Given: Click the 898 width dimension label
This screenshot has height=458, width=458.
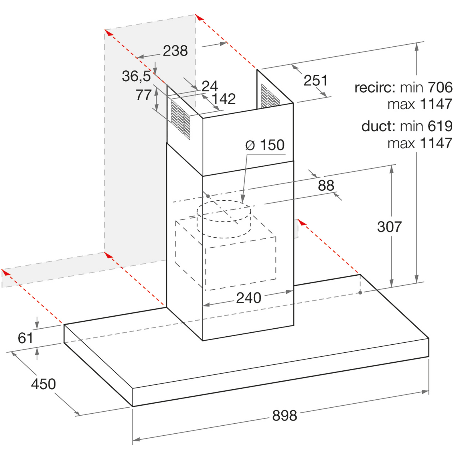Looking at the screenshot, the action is pos(285,415).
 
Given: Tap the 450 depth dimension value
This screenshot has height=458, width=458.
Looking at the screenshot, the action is pos(44,384).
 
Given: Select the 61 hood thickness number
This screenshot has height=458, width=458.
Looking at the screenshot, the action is pos(25,338).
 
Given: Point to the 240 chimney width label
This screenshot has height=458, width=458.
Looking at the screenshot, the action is pos(249,298).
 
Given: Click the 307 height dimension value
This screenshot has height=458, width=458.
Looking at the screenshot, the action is pos(389,227).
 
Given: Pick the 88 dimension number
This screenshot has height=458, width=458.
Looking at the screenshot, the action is pos(326,185).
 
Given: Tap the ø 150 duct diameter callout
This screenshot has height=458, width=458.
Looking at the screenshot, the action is pos(265,145).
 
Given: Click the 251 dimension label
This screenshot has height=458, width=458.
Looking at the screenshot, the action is pos(315,80).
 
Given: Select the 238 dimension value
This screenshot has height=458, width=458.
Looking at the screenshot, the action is pos(175,51).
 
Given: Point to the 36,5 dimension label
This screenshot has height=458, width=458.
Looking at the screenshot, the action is pos(136,76).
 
